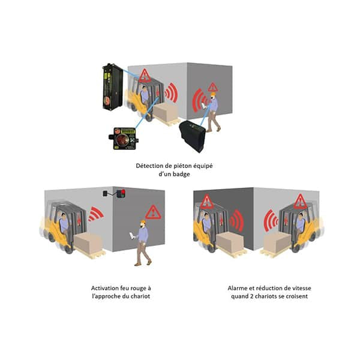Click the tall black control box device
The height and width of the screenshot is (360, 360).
click(x=112, y=87)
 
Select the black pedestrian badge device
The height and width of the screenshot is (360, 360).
click(x=193, y=136)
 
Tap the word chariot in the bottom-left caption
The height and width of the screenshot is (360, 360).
click(x=140, y=296)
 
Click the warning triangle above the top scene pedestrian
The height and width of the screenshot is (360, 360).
click(x=212, y=87)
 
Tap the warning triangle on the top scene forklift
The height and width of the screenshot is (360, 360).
click(x=145, y=76)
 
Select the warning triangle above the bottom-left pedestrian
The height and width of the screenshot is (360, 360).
click(x=153, y=212)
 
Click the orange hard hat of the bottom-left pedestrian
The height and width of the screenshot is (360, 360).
click(x=143, y=222)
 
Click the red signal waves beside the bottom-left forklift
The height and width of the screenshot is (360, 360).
click(x=95, y=214)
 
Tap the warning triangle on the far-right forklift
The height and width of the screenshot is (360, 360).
click(x=301, y=202)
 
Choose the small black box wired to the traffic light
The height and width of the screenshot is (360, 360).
click(x=105, y=193)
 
